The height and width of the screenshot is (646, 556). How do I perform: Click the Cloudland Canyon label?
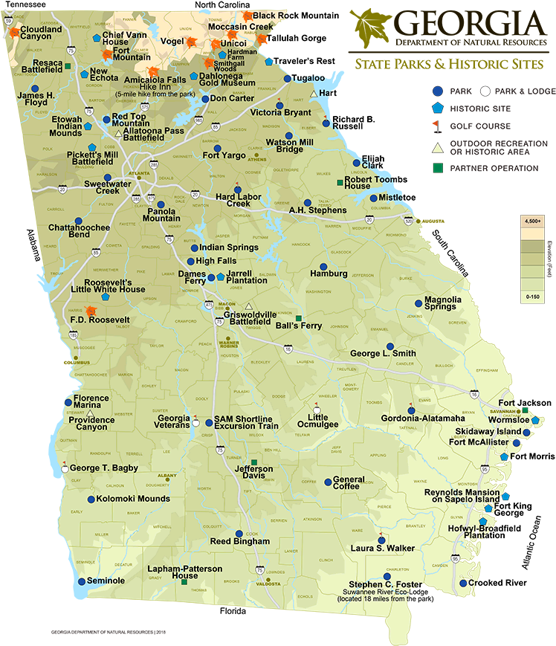41,33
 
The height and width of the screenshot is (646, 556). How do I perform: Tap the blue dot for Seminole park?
81,581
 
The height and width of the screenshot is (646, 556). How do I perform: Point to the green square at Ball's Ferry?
300,317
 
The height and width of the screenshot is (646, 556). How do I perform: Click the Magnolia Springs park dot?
418,303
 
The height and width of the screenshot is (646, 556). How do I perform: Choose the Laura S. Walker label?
383,549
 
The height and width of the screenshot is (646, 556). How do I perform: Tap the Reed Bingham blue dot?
239,534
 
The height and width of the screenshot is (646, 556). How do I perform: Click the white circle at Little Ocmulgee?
317,410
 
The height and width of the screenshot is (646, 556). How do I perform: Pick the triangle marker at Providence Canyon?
91,413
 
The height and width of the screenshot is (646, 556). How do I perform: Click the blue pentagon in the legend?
439,109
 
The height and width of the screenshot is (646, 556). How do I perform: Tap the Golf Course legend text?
485,126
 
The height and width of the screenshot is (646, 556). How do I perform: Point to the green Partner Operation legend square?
439,169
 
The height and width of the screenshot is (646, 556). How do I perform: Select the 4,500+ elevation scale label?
532,222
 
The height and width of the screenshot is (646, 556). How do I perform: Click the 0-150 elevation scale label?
532,297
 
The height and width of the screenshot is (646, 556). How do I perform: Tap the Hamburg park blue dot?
323,267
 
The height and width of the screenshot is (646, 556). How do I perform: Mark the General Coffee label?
349,483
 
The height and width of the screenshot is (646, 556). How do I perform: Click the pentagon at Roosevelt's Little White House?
106,295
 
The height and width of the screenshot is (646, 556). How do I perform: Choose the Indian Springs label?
229,248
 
